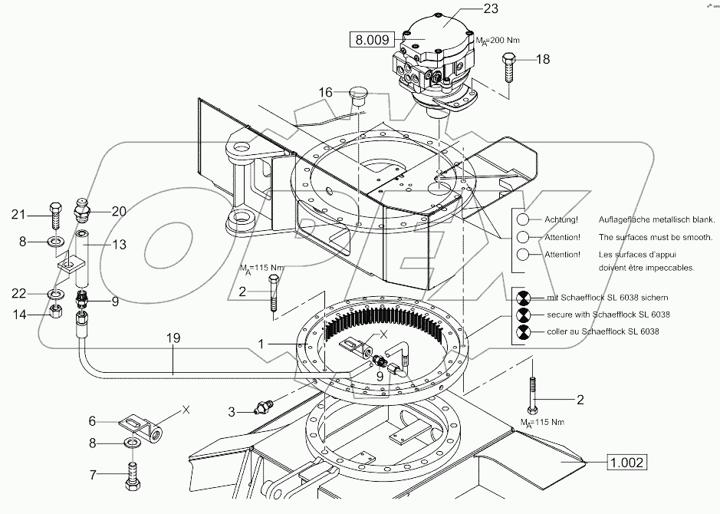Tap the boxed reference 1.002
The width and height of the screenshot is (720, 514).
[627, 462]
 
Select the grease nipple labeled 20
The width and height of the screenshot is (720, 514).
[81, 212]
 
